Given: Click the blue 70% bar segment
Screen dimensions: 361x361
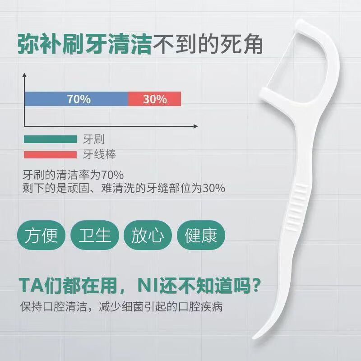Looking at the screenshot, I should pyautogui.click(x=76, y=99).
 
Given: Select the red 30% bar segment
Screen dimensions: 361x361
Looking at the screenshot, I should pyautogui.click(x=155, y=99).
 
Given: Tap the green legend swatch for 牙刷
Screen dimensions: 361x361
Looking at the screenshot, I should pyautogui.click(x=50, y=139).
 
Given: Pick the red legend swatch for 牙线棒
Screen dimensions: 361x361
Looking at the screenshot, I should pyautogui.click(x=50, y=155).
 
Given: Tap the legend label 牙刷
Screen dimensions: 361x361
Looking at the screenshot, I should pyautogui.click(x=93, y=139).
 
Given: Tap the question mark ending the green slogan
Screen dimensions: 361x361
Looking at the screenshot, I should pyautogui.click(x=256, y=285).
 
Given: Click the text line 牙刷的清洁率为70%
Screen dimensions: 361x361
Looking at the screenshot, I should pyautogui.click(x=73, y=175).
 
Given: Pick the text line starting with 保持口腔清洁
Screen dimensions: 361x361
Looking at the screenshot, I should pyautogui.click(x=121, y=307).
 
